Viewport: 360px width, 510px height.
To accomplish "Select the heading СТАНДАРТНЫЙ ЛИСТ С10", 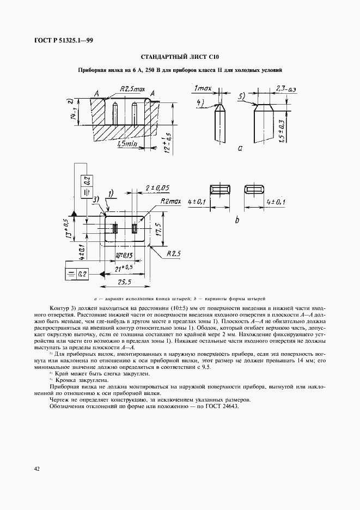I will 180,57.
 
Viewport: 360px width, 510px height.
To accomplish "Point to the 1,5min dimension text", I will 127,144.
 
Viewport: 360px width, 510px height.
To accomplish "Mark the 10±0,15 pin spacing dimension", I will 124,255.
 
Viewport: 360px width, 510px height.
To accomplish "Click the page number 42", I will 37,468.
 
